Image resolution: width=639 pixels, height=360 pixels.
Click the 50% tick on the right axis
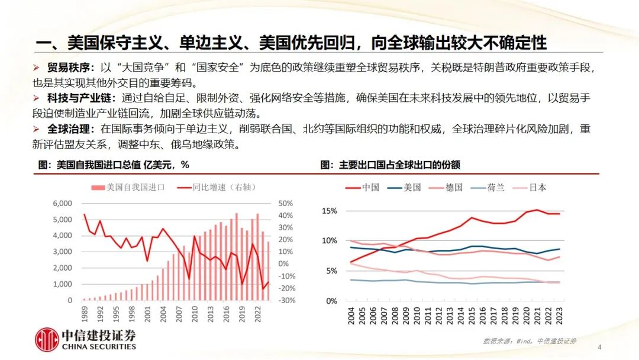point(287,203)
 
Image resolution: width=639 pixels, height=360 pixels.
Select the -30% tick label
point(286,300)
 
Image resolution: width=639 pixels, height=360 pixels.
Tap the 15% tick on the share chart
point(329,211)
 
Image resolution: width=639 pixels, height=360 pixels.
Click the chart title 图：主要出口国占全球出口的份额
point(390,165)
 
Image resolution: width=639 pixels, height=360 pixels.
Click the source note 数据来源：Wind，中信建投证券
point(530,341)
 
